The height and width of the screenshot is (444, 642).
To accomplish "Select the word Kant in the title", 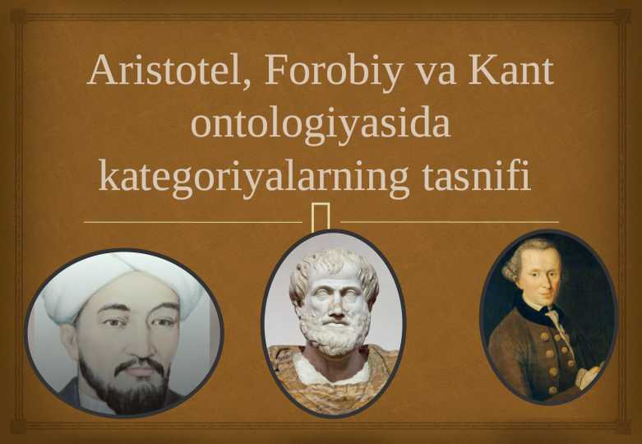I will (511, 72).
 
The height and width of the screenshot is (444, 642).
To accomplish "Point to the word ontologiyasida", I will (321, 125).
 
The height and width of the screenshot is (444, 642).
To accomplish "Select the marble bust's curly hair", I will (333, 263).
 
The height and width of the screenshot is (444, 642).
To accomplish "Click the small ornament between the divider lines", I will (321, 215).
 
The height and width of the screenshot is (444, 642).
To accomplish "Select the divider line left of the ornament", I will (193, 221).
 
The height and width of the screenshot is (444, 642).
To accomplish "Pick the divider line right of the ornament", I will (449, 221).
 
